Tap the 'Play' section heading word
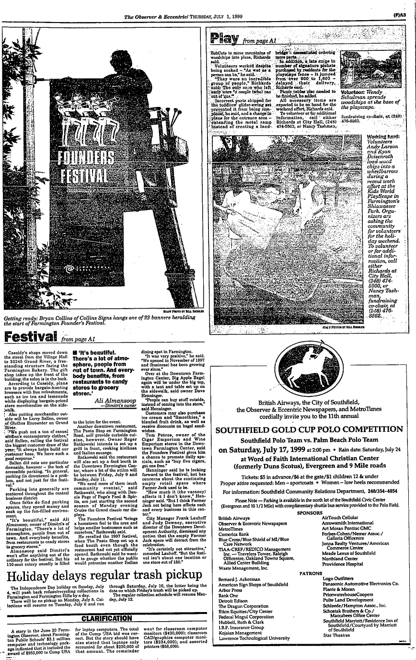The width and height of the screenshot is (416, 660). point(225,38)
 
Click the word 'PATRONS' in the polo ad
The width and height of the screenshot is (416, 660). point(311,573)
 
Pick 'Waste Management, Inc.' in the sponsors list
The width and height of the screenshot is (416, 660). point(243,567)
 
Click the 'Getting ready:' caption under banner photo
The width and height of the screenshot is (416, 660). point(20,319)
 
